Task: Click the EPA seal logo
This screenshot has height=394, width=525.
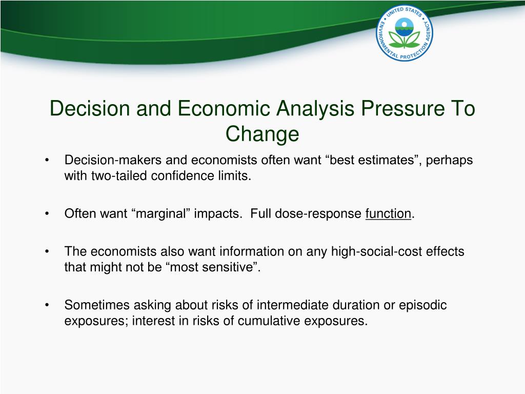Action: pyautogui.click(x=404, y=33)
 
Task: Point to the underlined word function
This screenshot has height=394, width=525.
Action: pyautogui.click(x=388, y=213)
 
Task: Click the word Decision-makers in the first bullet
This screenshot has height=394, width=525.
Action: pyautogui.click(x=113, y=160)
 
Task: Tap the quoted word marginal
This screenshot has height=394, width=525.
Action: pyautogui.click(x=161, y=213)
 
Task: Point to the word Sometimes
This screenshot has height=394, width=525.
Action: pyautogui.click(x=97, y=305)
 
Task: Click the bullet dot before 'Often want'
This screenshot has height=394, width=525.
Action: pyautogui.click(x=47, y=214)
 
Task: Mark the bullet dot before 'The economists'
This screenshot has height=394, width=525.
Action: pyautogui.click(x=47, y=251)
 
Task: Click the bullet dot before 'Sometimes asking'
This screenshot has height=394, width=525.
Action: pyautogui.click(x=47, y=305)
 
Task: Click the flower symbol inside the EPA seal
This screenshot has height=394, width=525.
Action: pyautogui.click(x=404, y=37)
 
